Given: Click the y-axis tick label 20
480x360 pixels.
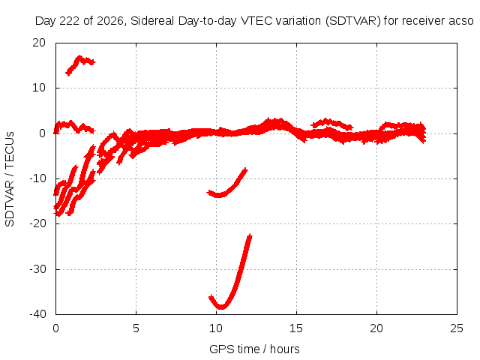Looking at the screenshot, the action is [x=39, y=43].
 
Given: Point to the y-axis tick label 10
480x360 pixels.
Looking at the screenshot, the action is [x=39, y=88].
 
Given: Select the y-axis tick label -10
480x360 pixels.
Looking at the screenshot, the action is [x=37, y=178].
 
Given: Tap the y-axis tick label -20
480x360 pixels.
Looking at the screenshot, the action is [x=37, y=223].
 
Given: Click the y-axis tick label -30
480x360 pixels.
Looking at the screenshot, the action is [x=37, y=269].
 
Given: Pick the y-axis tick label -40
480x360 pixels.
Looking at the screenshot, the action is [x=37, y=314].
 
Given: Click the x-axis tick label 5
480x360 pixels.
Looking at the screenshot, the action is [x=136, y=328].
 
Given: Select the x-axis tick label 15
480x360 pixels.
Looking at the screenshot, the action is [x=296, y=328].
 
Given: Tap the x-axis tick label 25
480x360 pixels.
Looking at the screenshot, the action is [x=457, y=328].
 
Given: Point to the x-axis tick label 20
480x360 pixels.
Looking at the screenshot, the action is [x=376, y=328].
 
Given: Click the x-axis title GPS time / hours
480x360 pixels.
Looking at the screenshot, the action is [x=254, y=349].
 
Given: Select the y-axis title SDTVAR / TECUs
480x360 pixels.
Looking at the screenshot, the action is [x=10, y=179].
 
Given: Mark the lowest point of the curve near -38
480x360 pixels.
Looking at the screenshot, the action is [x=221, y=307].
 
